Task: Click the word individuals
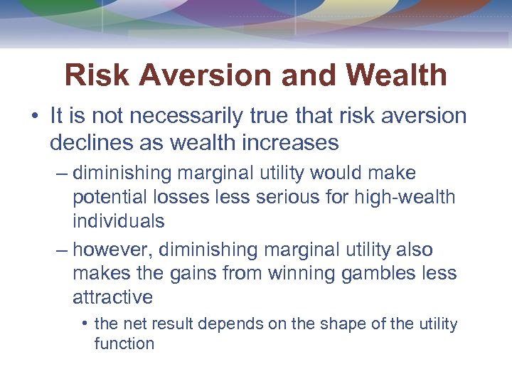click(118, 221)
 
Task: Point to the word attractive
click(112, 297)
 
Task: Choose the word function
click(124, 343)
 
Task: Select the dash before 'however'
click(62, 250)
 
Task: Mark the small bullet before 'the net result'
click(85, 324)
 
